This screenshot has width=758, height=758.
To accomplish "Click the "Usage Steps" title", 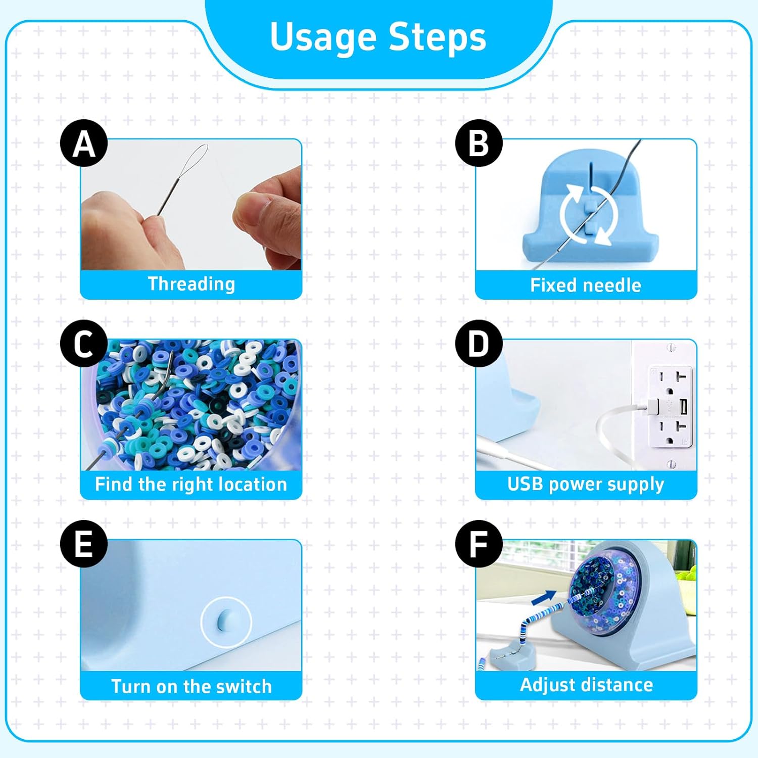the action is tap(378, 37).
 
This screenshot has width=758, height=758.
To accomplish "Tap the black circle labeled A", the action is tap(84, 143).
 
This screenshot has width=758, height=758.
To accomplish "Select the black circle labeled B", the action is tap(479, 143).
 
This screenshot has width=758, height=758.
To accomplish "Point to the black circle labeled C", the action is tap(84, 344).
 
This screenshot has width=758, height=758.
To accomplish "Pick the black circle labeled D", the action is tap(479, 344).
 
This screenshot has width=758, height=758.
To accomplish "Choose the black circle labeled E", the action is tap(84, 544).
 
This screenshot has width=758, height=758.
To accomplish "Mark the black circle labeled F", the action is tap(479, 544).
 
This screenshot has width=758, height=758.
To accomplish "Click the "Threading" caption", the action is tap(192, 284).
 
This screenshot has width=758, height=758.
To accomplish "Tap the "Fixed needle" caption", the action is tap(586, 286).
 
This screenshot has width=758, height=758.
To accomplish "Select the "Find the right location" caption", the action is tap(191, 484).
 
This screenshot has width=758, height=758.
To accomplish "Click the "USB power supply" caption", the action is tap(586, 484).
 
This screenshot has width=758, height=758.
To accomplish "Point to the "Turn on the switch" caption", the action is tap(192, 686).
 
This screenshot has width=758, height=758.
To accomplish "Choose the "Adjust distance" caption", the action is tap(586, 685).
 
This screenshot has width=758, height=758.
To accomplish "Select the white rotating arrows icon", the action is tap(589, 215).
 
